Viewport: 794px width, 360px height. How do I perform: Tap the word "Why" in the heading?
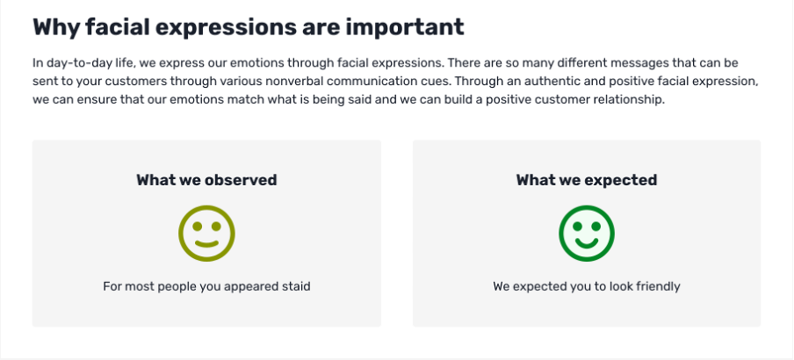[x=56, y=27]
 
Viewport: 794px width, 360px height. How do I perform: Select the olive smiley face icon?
[x=206, y=234]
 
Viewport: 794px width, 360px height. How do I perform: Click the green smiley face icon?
[x=587, y=234]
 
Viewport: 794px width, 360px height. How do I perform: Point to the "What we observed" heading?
[x=206, y=180]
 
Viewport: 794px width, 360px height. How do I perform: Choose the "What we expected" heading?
[x=587, y=180]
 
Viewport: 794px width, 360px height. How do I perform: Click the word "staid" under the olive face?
[x=296, y=286]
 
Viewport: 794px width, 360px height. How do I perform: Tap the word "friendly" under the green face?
[x=655, y=286]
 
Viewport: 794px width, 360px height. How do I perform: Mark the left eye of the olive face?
[x=197, y=227]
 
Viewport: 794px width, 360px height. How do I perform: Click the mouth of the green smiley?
[x=587, y=242]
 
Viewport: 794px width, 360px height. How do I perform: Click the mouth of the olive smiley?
[x=206, y=244]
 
